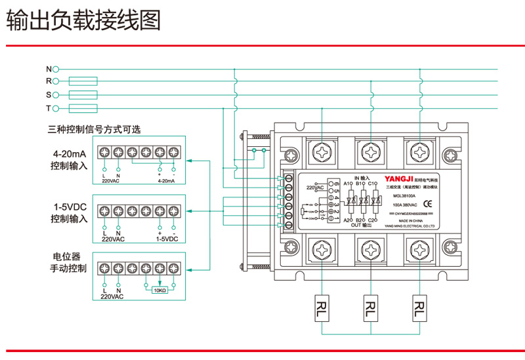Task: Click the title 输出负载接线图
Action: (83, 22)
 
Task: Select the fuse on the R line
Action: (83, 82)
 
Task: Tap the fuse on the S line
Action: (83, 95)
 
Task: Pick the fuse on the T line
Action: (83, 108)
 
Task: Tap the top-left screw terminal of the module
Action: (323, 153)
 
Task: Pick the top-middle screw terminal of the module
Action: (371, 153)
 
